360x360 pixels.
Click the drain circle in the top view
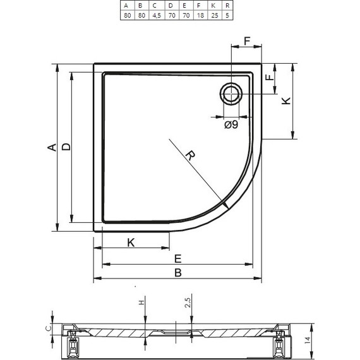[x=231, y=94]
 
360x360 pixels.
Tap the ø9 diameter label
[x=231, y=125]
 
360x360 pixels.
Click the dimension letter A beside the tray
[x=51, y=147]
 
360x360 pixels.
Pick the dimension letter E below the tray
[x=178, y=258]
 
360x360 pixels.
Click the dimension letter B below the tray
[x=178, y=273]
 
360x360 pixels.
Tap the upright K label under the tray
[x=131, y=243]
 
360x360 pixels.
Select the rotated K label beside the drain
[x=285, y=100]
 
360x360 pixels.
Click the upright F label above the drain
[x=247, y=42]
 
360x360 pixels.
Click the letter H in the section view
[x=141, y=302]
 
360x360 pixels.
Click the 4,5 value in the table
[x=155, y=16]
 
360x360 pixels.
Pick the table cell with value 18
[x=200, y=16]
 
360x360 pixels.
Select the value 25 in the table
[x=214, y=16]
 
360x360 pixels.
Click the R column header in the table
[x=227, y=5]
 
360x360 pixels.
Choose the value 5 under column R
[x=227, y=16]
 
